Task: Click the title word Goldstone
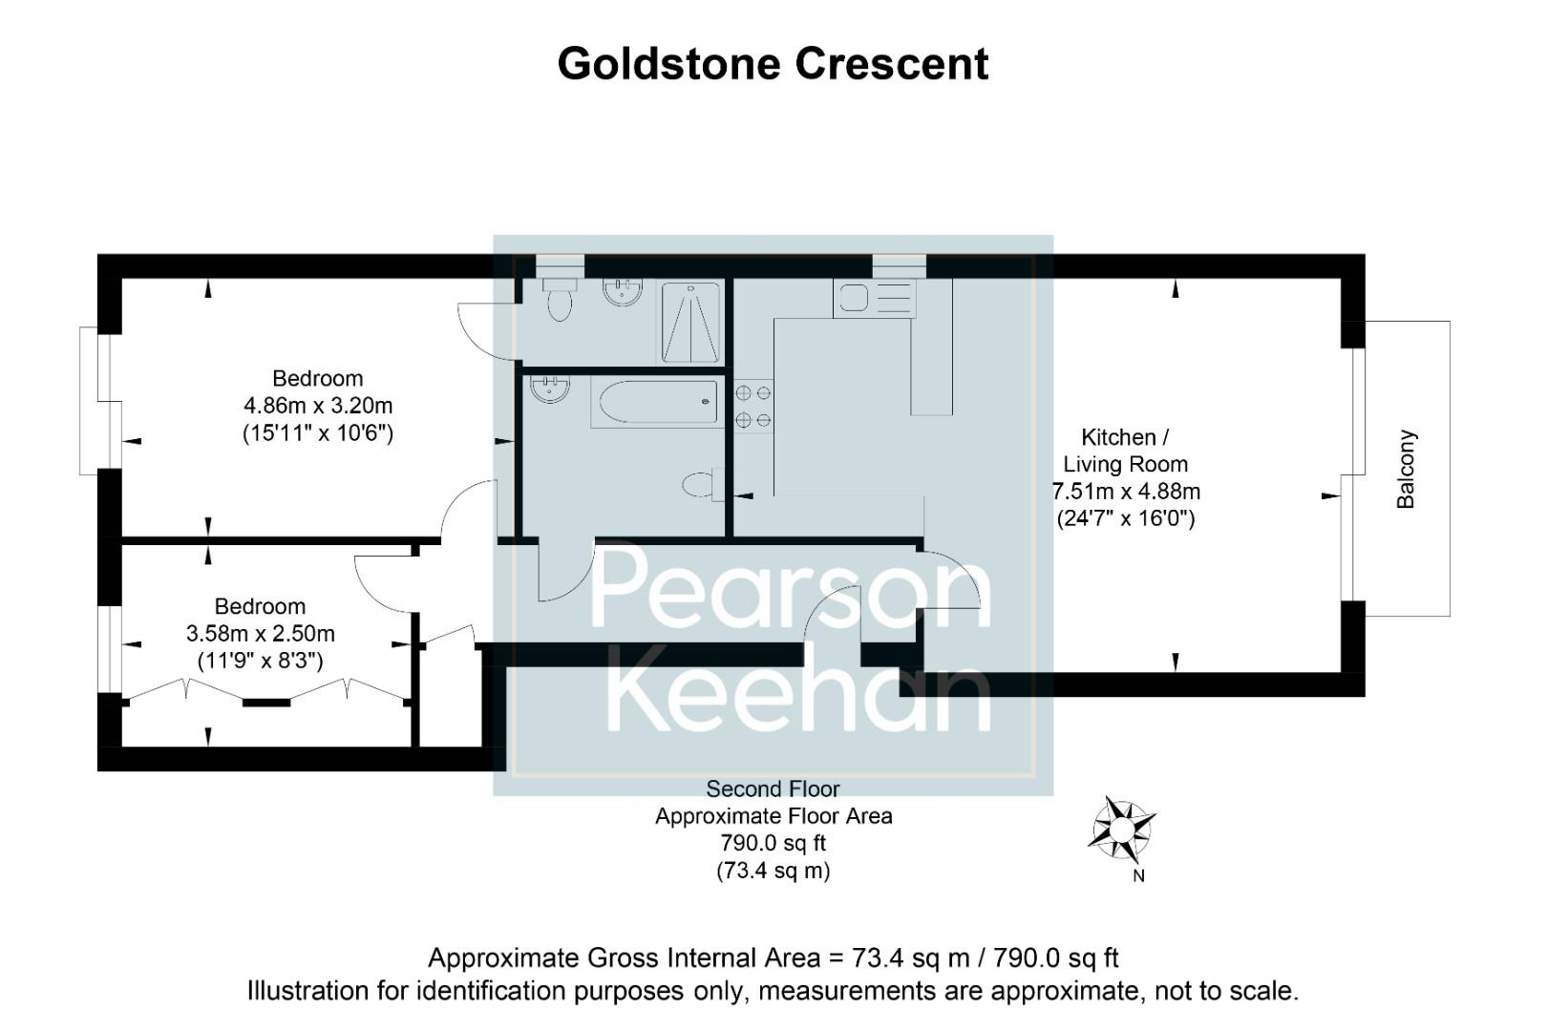coord(670,64)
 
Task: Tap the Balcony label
coord(1405,469)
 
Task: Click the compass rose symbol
coord(1122,827)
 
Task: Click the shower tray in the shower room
coord(689,322)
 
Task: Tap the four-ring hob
coord(753,406)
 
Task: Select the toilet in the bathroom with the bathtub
coord(702,485)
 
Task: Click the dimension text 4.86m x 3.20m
coord(318,406)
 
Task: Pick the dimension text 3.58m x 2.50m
coord(260,634)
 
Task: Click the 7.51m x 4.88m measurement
coord(1127,492)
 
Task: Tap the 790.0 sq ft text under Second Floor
coord(773,843)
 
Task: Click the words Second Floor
coord(773,789)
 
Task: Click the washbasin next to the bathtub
coord(550,389)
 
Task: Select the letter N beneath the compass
coord(1138,875)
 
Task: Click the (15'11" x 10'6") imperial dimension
coord(318,432)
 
